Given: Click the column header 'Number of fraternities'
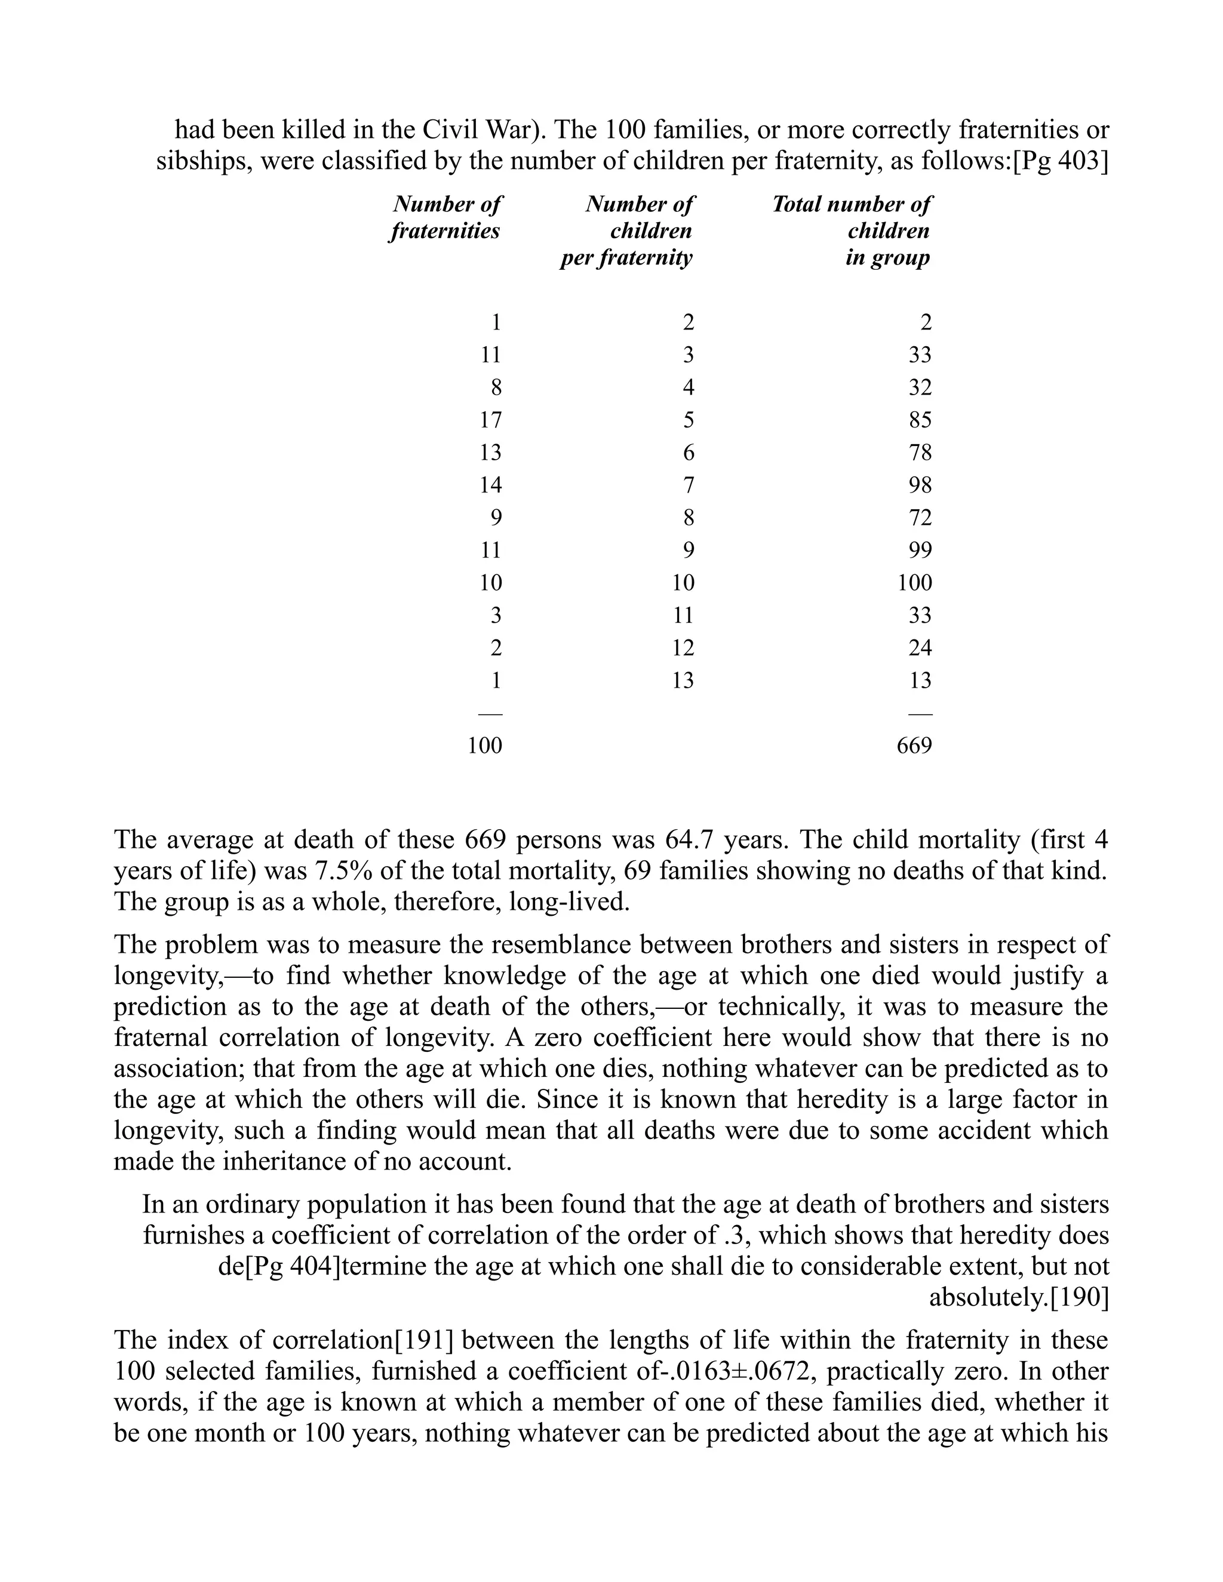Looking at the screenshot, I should [x=445, y=217].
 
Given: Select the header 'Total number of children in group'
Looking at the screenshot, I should [x=852, y=230].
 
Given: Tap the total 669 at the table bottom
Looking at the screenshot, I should [x=914, y=746].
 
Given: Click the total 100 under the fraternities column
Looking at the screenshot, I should [x=485, y=746].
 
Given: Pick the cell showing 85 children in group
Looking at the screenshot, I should [x=920, y=420].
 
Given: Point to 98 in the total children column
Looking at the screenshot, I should [x=920, y=485].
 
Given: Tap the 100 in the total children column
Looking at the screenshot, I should [x=914, y=583].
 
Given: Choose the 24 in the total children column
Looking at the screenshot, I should [x=920, y=648].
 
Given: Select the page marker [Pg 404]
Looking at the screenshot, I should [x=292, y=1266].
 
